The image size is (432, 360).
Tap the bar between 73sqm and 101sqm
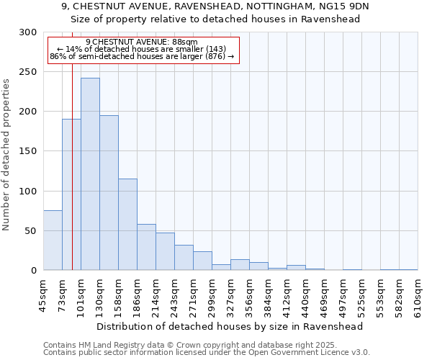(x=71, y=194)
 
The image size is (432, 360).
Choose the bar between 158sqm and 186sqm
(x=127, y=224)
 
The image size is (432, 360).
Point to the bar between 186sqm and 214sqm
(x=146, y=247)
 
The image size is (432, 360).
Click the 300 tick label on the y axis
(x=27, y=32)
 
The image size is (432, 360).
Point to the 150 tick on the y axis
(x=27, y=151)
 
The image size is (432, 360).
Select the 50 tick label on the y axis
(x=30, y=231)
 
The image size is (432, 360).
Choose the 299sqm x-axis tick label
(x=212, y=295)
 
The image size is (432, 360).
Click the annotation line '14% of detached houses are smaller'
(x=141, y=49)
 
